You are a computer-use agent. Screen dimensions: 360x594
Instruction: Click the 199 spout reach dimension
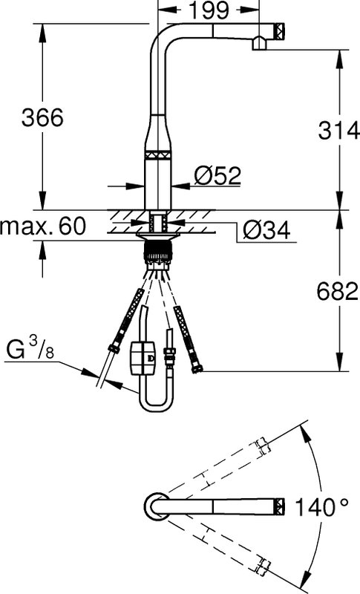pos(209,10)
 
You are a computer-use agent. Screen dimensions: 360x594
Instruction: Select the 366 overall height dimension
pos(42,117)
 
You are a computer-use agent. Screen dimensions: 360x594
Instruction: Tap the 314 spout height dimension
pos(338,131)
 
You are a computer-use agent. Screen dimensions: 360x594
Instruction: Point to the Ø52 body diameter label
pos(217,175)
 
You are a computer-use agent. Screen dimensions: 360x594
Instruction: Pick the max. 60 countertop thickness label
pos(43,226)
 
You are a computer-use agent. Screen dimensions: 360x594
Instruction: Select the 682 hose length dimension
pos(337,292)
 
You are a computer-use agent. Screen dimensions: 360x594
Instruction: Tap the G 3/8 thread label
pos(30,350)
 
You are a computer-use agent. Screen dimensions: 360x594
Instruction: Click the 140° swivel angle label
pos(321,507)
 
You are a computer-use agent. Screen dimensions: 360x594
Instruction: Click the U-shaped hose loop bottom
pos(155,406)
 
